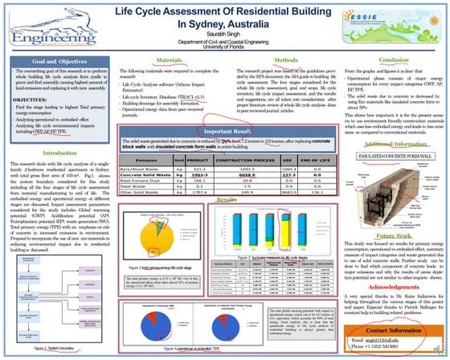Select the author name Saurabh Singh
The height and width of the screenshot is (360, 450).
pos(224,39)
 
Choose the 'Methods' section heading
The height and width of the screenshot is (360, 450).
pos(285,59)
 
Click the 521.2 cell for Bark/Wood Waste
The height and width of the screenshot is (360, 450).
pos(196,169)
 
